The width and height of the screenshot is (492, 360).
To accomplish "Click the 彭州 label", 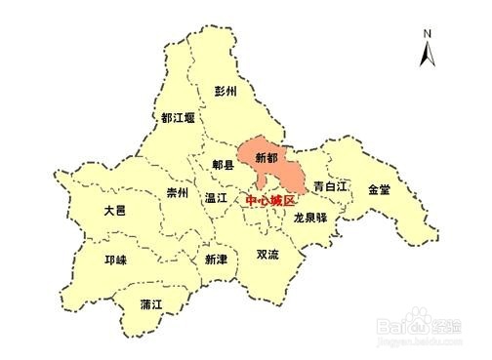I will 225,91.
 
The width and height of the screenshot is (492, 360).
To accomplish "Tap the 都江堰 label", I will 178,118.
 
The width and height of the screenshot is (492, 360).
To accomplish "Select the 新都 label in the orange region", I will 266,156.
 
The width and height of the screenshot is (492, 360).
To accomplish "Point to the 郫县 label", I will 224,165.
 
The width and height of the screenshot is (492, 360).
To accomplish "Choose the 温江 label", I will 216,197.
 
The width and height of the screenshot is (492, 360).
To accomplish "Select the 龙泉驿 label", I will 309,219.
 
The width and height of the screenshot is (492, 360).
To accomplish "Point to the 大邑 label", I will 114,210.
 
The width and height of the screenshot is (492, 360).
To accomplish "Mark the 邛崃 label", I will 114,261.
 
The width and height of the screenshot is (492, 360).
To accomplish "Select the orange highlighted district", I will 283,166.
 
